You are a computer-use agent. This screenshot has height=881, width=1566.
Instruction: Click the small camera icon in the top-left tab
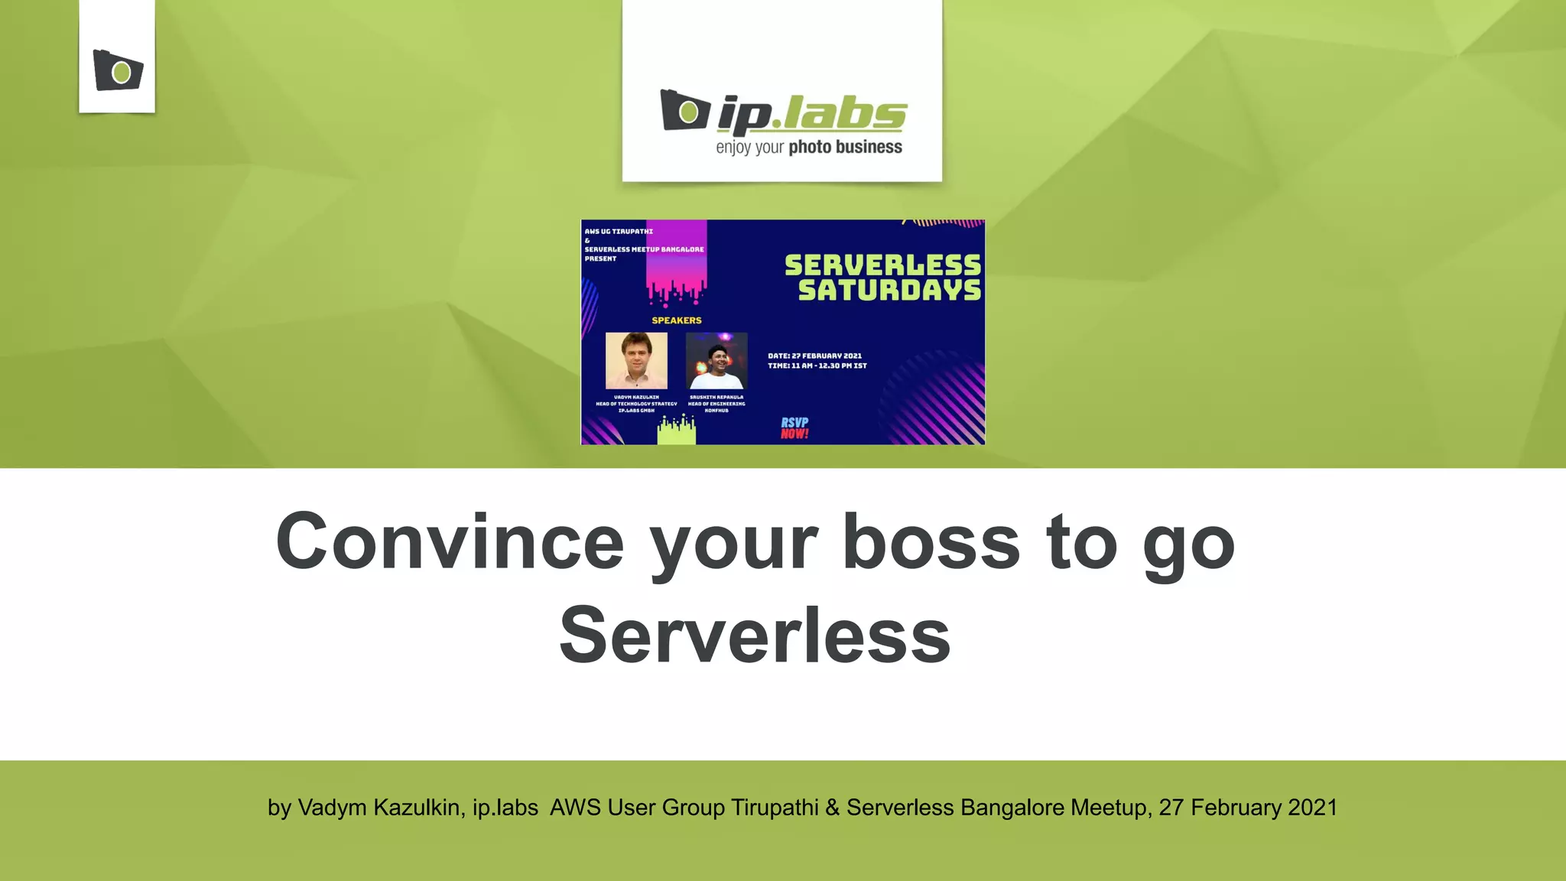point(118,70)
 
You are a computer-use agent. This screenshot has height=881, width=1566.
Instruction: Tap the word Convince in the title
point(450,541)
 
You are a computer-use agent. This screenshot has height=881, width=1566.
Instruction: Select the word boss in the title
point(931,541)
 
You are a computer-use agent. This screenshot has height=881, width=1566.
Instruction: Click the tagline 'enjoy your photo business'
point(808,147)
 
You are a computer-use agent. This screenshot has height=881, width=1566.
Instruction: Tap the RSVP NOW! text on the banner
point(794,428)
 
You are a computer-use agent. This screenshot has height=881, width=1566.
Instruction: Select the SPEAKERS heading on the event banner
point(676,320)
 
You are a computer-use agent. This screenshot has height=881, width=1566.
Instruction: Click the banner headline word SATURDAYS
point(889,291)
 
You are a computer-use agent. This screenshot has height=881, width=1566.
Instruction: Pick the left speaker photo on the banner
point(636,360)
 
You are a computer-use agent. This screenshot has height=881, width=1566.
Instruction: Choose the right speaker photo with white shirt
point(716,360)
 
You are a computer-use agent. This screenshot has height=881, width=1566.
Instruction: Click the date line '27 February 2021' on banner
point(815,356)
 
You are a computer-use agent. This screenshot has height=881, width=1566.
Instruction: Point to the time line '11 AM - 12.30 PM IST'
point(817,366)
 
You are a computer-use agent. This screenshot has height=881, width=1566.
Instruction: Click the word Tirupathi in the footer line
point(775,808)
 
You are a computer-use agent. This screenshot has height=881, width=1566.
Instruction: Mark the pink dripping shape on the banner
point(676,264)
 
